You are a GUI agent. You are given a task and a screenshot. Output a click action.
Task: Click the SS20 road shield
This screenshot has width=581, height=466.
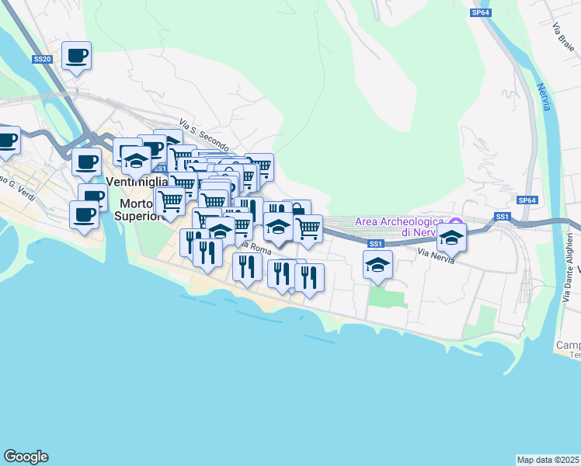tap(43, 59)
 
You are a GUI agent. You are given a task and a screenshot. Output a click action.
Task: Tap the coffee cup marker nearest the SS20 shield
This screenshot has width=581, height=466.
tap(76, 56)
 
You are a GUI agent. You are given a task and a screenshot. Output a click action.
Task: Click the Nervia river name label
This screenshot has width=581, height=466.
tap(544, 97)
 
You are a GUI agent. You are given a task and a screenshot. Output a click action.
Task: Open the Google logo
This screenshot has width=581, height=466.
tap(26, 457)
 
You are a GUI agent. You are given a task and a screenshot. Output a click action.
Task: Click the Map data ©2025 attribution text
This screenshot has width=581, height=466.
tap(548, 459)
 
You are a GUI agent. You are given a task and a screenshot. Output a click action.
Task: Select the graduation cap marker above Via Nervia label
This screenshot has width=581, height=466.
tap(451, 237)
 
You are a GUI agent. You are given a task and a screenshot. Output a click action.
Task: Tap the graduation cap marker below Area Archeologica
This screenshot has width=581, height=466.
tap(377, 264)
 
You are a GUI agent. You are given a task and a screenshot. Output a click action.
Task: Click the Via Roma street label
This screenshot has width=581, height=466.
tap(255, 249)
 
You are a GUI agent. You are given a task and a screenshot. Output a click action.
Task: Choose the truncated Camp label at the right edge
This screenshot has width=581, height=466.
tap(569, 346)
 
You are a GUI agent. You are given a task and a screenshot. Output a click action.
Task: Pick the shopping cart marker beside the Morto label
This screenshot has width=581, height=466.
tap(170, 201)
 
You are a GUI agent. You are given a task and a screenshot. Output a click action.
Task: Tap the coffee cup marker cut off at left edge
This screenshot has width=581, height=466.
tap(7, 141)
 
